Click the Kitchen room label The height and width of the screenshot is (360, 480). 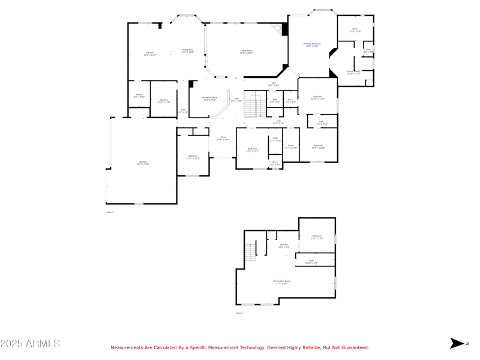pyautogui.click(x=150, y=54)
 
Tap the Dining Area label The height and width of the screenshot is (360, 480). pyautogui.click(x=188, y=51)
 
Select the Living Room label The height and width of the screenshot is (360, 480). pyautogui.click(x=247, y=52)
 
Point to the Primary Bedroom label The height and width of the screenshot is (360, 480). pyautogui.click(x=312, y=44)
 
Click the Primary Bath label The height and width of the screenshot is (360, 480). pyautogui.click(x=353, y=73)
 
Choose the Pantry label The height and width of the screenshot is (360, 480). pyautogui.click(x=139, y=96)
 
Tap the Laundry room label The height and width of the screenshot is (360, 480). pyautogui.click(x=164, y=101)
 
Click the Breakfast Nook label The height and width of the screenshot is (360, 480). pyautogui.click(x=209, y=98)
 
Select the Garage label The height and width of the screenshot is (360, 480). pyautogui.click(x=143, y=163)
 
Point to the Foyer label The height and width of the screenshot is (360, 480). pyautogui.click(x=223, y=138)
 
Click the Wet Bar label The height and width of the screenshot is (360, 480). pyautogui.click(x=284, y=245)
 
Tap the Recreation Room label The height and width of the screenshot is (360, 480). pyautogui.click(x=283, y=283)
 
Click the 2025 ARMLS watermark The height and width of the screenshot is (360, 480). pyautogui.click(x=30, y=344)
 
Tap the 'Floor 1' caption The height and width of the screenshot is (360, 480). pyautogui.click(x=239, y=313)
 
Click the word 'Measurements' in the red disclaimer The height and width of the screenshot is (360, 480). pyautogui.click(x=127, y=347)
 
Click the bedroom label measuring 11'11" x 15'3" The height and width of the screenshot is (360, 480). pyautogui.click(x=193, y=157)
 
